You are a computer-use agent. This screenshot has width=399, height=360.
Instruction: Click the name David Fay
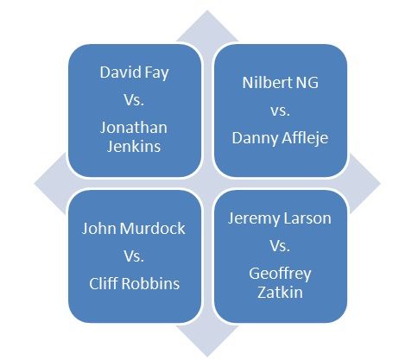pos(134,73)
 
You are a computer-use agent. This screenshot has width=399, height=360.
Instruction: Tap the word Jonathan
pos(134,128)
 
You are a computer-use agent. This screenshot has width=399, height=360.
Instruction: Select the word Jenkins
pos(134,146)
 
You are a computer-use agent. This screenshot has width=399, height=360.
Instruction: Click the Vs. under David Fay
pos(134,100)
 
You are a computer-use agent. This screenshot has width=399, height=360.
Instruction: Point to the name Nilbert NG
pos(280,83)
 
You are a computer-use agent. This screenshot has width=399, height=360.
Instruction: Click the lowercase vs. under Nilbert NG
pos(280,111)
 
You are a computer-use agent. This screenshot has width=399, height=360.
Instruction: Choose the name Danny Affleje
pos(280,138)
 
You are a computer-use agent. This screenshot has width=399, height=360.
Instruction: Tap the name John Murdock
pos(134,228)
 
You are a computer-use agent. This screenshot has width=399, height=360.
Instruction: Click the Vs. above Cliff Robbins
pos(134,256)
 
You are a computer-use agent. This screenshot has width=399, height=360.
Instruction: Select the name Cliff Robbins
pos(134,283)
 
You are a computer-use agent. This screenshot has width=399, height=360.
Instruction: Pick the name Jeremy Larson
pos(280,218)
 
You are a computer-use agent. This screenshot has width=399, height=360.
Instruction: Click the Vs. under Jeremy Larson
pos(280,245)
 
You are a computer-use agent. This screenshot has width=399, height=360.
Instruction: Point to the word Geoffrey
pos(280,274)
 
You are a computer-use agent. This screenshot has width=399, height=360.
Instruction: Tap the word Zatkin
pos(280,292)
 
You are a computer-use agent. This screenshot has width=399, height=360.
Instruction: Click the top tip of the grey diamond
pos(207,10)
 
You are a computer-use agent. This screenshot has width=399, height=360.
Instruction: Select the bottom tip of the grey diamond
pos(207,357)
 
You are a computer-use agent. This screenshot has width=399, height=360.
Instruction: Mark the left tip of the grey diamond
pos(35,184)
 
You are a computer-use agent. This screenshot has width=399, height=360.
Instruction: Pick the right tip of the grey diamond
pos(380,184)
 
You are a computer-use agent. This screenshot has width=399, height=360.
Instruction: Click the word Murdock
pos(153,228)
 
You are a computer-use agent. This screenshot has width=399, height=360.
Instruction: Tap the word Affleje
pos(304,138)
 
